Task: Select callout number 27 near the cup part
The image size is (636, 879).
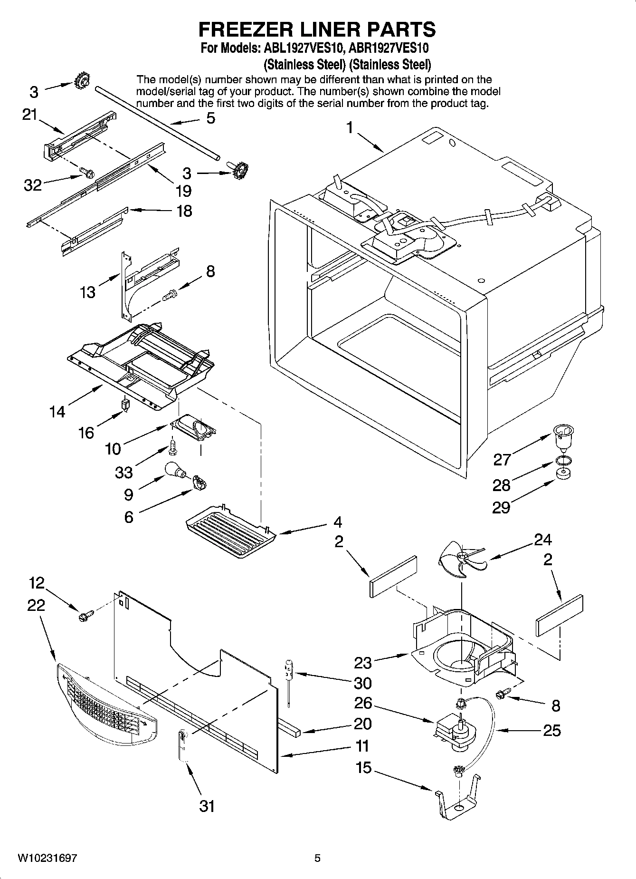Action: (x=502, y=459)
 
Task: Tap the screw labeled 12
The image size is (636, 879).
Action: (x=85, y=616)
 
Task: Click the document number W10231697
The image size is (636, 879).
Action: (x=47, y=858)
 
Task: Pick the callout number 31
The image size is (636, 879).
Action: (x=207, y=806)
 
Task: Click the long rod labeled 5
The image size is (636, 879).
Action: (x=157, y=121)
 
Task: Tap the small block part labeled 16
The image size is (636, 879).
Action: (x=125, y=405)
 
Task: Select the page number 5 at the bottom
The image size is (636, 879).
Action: (x=317, y=858)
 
